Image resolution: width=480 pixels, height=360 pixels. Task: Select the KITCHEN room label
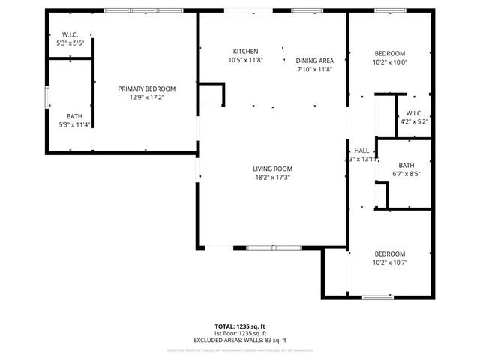(245, 51)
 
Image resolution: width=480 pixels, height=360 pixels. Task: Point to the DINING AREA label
(313, 60)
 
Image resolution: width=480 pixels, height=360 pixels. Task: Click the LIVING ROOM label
(272, 169)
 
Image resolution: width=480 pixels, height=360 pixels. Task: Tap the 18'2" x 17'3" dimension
(272, 178)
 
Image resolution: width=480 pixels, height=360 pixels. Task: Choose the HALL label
(362, 150)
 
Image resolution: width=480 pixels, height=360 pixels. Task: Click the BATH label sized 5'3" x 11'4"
(74, 116)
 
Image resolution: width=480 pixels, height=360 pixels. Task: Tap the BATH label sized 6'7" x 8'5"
(406, 165)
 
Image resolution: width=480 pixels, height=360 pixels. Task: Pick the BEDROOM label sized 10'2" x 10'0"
(390, 53)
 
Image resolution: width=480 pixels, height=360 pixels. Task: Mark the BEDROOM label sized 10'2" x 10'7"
(390, 253)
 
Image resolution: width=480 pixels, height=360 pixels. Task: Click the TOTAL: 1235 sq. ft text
(241, 327)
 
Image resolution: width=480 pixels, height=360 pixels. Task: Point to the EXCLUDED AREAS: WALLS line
(241, 340)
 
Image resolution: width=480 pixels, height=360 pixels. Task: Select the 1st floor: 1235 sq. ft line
(241, 334)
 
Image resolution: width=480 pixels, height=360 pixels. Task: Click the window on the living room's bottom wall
(273, 247)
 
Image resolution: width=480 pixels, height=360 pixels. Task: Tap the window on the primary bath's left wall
(47, 97)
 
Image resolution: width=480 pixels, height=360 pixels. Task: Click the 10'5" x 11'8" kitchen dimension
(245, 60)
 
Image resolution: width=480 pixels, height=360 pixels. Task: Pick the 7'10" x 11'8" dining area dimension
(313, 69)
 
